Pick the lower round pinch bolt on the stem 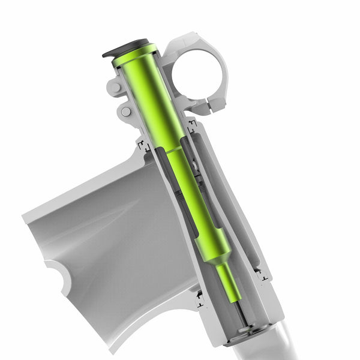tap(125, 112)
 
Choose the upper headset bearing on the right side tap(192, 126)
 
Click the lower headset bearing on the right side tap(262, 275)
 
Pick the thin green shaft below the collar tap(229, 281)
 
